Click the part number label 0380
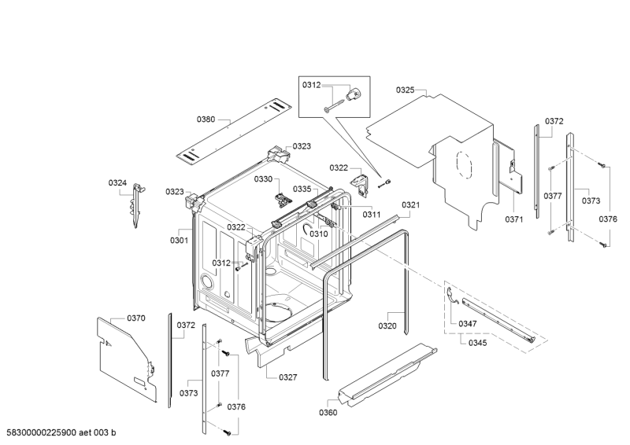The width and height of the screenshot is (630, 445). (206, 120)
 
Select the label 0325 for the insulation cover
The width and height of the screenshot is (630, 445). (405, 90)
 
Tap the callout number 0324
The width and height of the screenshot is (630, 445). (117, 183)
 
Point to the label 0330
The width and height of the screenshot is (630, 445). (263, 179)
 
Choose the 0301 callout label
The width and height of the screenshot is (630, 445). (180, 241)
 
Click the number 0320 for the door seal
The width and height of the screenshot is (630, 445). (387, 325)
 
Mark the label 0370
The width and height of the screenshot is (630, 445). (136, 318)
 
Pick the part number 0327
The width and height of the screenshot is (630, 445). (288, 377)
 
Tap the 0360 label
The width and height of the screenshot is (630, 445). (328, 413)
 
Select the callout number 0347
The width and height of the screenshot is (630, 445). (468, 324)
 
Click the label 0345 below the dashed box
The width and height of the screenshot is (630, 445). (477, 343)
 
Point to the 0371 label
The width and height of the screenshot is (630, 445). (514, 219)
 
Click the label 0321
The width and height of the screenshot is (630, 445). (410, 205)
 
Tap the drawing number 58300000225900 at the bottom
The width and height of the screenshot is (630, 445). (41, 432)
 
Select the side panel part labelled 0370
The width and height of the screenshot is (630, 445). (127, 359)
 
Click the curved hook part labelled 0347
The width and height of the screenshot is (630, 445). (452, 297)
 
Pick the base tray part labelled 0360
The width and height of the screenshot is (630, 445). (387, 373)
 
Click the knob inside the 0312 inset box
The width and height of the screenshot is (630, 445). (354, 94)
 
